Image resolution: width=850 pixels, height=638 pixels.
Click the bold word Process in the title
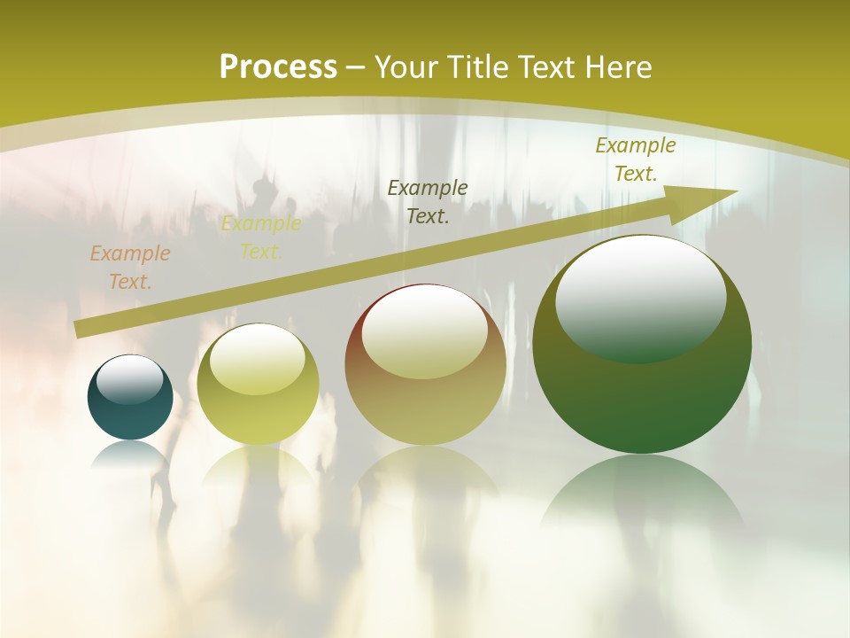tap(278, 67)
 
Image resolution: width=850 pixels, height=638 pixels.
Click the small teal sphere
tap(130, 398)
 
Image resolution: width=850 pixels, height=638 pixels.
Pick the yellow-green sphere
tap(258, 385)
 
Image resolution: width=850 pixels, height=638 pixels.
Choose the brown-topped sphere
tap(425, 365)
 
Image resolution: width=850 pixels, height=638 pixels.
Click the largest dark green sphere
tap(642, 345)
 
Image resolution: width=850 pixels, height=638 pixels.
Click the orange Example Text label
tap(130, 268)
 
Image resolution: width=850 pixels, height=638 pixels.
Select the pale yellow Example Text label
tap(261, 237)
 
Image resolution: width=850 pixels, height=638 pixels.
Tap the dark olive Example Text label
tap(428, 201)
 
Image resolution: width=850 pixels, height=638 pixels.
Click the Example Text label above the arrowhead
tap(636, 159)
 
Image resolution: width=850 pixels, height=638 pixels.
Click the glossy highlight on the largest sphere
tap(640, 299)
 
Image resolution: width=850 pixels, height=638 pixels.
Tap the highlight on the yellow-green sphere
tap(258, 360)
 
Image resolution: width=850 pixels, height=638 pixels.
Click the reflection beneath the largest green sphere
tap(642, 496)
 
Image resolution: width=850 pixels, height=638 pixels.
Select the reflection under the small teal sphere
tap(130, 453)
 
